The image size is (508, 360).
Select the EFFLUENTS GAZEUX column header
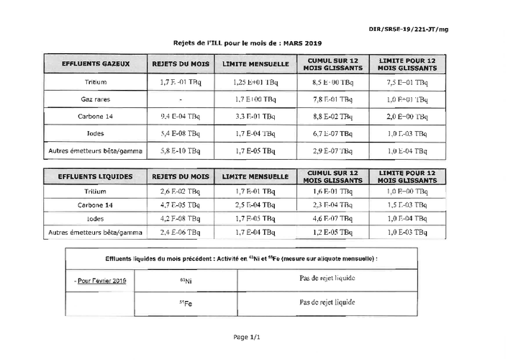point(96,64)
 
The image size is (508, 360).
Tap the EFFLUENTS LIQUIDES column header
point(96,176)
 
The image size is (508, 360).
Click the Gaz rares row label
point(96,99)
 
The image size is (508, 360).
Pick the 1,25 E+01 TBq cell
point(255,82)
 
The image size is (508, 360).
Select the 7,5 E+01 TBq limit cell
point(407,82)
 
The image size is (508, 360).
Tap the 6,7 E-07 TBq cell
point(332,133)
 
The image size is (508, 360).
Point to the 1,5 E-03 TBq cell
point(407,205)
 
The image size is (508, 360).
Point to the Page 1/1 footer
point(245,336)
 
